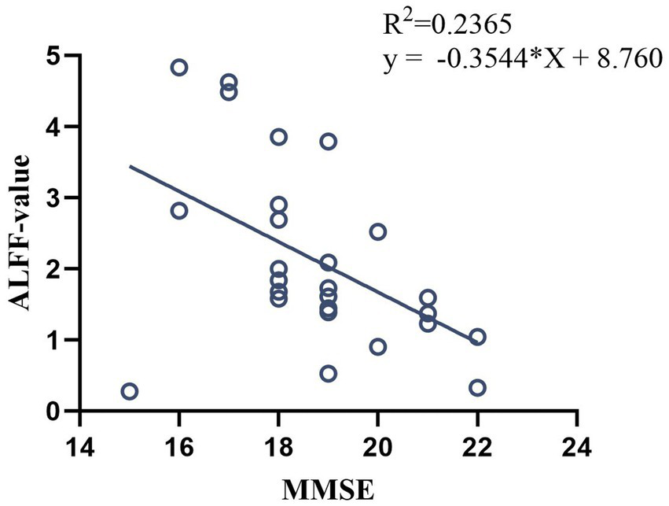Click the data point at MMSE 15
click(130, 391)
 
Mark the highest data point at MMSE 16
click(179, 68)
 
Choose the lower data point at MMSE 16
click(179, 211)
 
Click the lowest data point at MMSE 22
click(477, 388)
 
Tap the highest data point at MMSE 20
click(377, 231)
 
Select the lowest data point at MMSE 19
click(329, 373)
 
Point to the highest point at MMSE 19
click(329, 142)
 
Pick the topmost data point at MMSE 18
click(278, 137)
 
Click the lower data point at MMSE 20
click(377, 346)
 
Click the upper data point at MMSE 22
click(477, 337)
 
